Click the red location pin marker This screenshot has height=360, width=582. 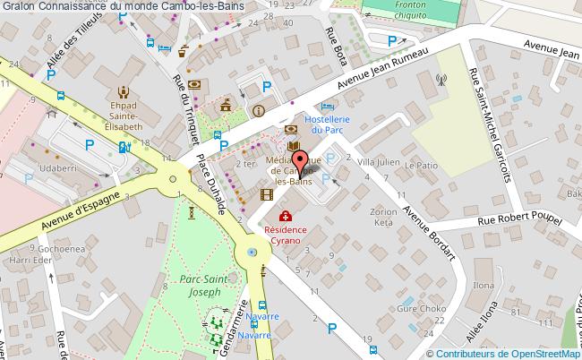coord(300,160)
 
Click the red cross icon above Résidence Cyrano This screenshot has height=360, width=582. coord(285,216)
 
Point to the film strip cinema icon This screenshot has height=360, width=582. coord(266,193)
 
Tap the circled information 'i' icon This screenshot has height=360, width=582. coord(259,111)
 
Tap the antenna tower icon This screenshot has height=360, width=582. coord(441,78)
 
